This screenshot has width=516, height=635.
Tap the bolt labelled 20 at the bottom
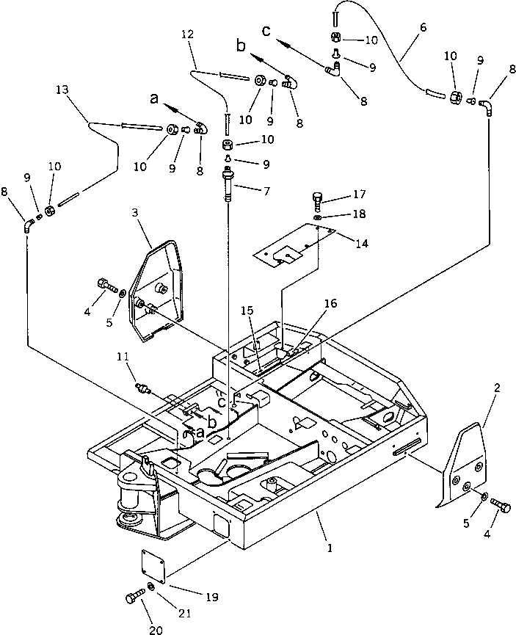click(x=134, y=597)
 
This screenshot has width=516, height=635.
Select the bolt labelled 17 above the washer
click(x=317, y=198)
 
